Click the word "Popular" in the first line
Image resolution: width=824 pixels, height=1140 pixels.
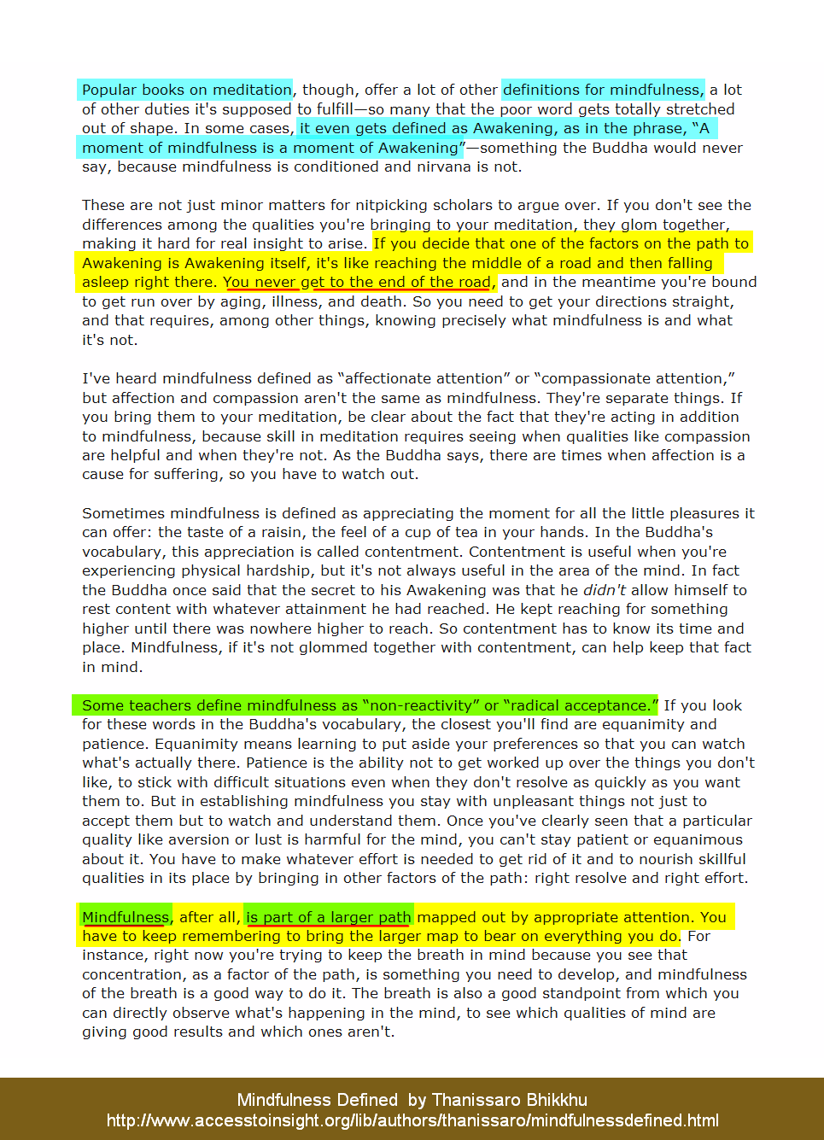(109, 90)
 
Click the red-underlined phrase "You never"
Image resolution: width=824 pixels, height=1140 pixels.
(260, 282)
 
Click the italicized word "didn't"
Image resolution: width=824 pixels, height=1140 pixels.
(605, 590)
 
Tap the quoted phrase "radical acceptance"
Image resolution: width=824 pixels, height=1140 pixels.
(580, 705)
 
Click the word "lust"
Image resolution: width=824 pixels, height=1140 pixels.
(268, 839)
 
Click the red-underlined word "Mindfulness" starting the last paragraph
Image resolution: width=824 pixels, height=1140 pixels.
(126, 917)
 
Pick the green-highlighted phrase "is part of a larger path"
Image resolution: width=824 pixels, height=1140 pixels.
(329, 917)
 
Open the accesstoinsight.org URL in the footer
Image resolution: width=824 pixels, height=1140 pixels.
(412, 1120)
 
